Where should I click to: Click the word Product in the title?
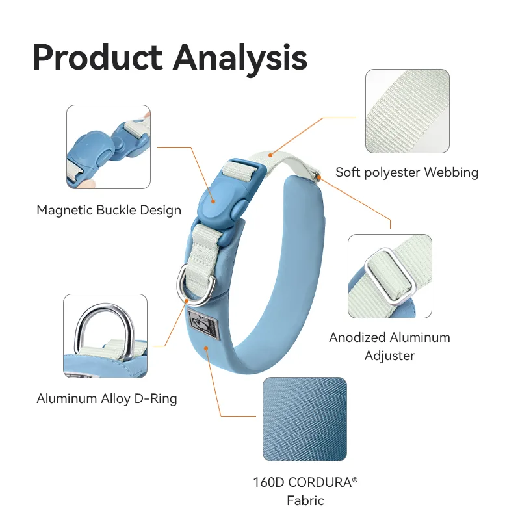pyautogui.click(x=97, y=57)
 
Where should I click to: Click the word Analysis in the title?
pyautogui.click(x=240, y=60)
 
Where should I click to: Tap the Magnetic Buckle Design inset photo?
pyautogui.click(x=109, y=147)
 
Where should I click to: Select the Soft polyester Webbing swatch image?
pyautogui.click(x=408, y=111)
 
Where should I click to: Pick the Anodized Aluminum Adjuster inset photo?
pyautogui.click(x=390, y=276)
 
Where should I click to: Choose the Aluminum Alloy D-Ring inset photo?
pyautogui.click(x=105, y=335)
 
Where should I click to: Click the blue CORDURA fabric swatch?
pyautogui.click(x=305, y=419)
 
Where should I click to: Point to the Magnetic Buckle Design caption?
pyautogui.click(x=109, y=210)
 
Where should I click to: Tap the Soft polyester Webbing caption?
pyautogui.click(x=407, y=172)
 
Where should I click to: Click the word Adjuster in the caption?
pyautogui.click(x=389, y=356)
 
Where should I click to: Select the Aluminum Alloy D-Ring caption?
pyautogui.click(x=107, y=398)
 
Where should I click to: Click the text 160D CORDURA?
pyautogui.click(x=302, y=482)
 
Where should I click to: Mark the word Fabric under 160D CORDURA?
pyautogui.click(x=305, y=500)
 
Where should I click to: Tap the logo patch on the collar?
pyautogui.click(x=202, y=323)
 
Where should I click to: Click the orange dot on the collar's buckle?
pyautogui.click(x=213, y=201)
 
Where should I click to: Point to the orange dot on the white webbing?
pyautogui.click(x=270, y=155)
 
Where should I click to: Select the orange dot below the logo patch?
pyautogui.click(x=206, y=348)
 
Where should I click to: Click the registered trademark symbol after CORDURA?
pyautogui.click(x=355, y=480)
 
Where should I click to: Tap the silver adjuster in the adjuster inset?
pyautogui.click(x=390, y=277)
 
